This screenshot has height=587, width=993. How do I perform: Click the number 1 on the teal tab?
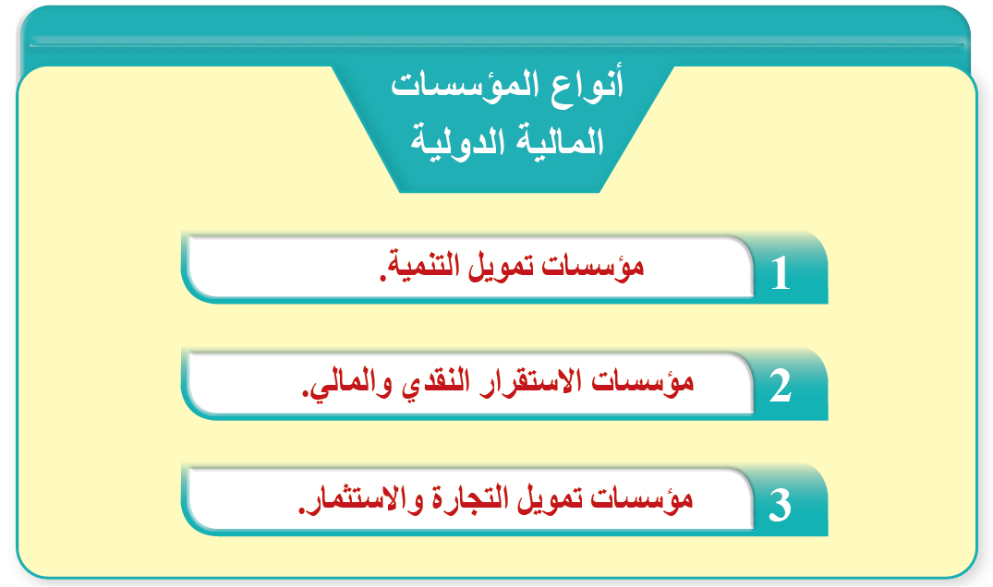[x=781, y=274]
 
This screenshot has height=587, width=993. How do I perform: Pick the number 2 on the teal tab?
[x=781, y=389]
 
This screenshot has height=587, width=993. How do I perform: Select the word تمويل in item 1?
[x=510, y=269]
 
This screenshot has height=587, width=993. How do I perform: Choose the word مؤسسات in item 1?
[x=599, y=268]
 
